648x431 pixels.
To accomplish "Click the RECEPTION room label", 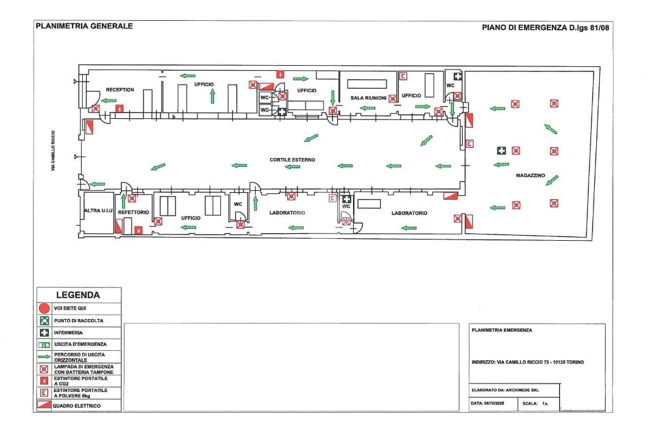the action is [120, 90].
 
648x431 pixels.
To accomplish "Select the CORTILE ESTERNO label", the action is [292, 160].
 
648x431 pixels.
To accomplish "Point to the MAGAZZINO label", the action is [530, 176].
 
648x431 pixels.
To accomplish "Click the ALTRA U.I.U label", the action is [97, 210].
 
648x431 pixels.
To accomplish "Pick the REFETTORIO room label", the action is [134, 212].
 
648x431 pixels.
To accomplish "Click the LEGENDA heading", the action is [78, 294].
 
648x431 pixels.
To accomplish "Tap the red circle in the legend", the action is [44, 308].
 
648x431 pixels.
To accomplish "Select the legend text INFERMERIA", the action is [68, 332].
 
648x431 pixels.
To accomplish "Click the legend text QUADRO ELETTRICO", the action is [77, 406].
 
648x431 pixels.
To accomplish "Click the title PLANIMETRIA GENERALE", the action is [84, 27].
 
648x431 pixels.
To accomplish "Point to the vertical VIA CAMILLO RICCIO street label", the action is [54, 152].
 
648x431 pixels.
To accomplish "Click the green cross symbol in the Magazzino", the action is [501, 150].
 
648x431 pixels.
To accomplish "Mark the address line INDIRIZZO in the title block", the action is [528, 362].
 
